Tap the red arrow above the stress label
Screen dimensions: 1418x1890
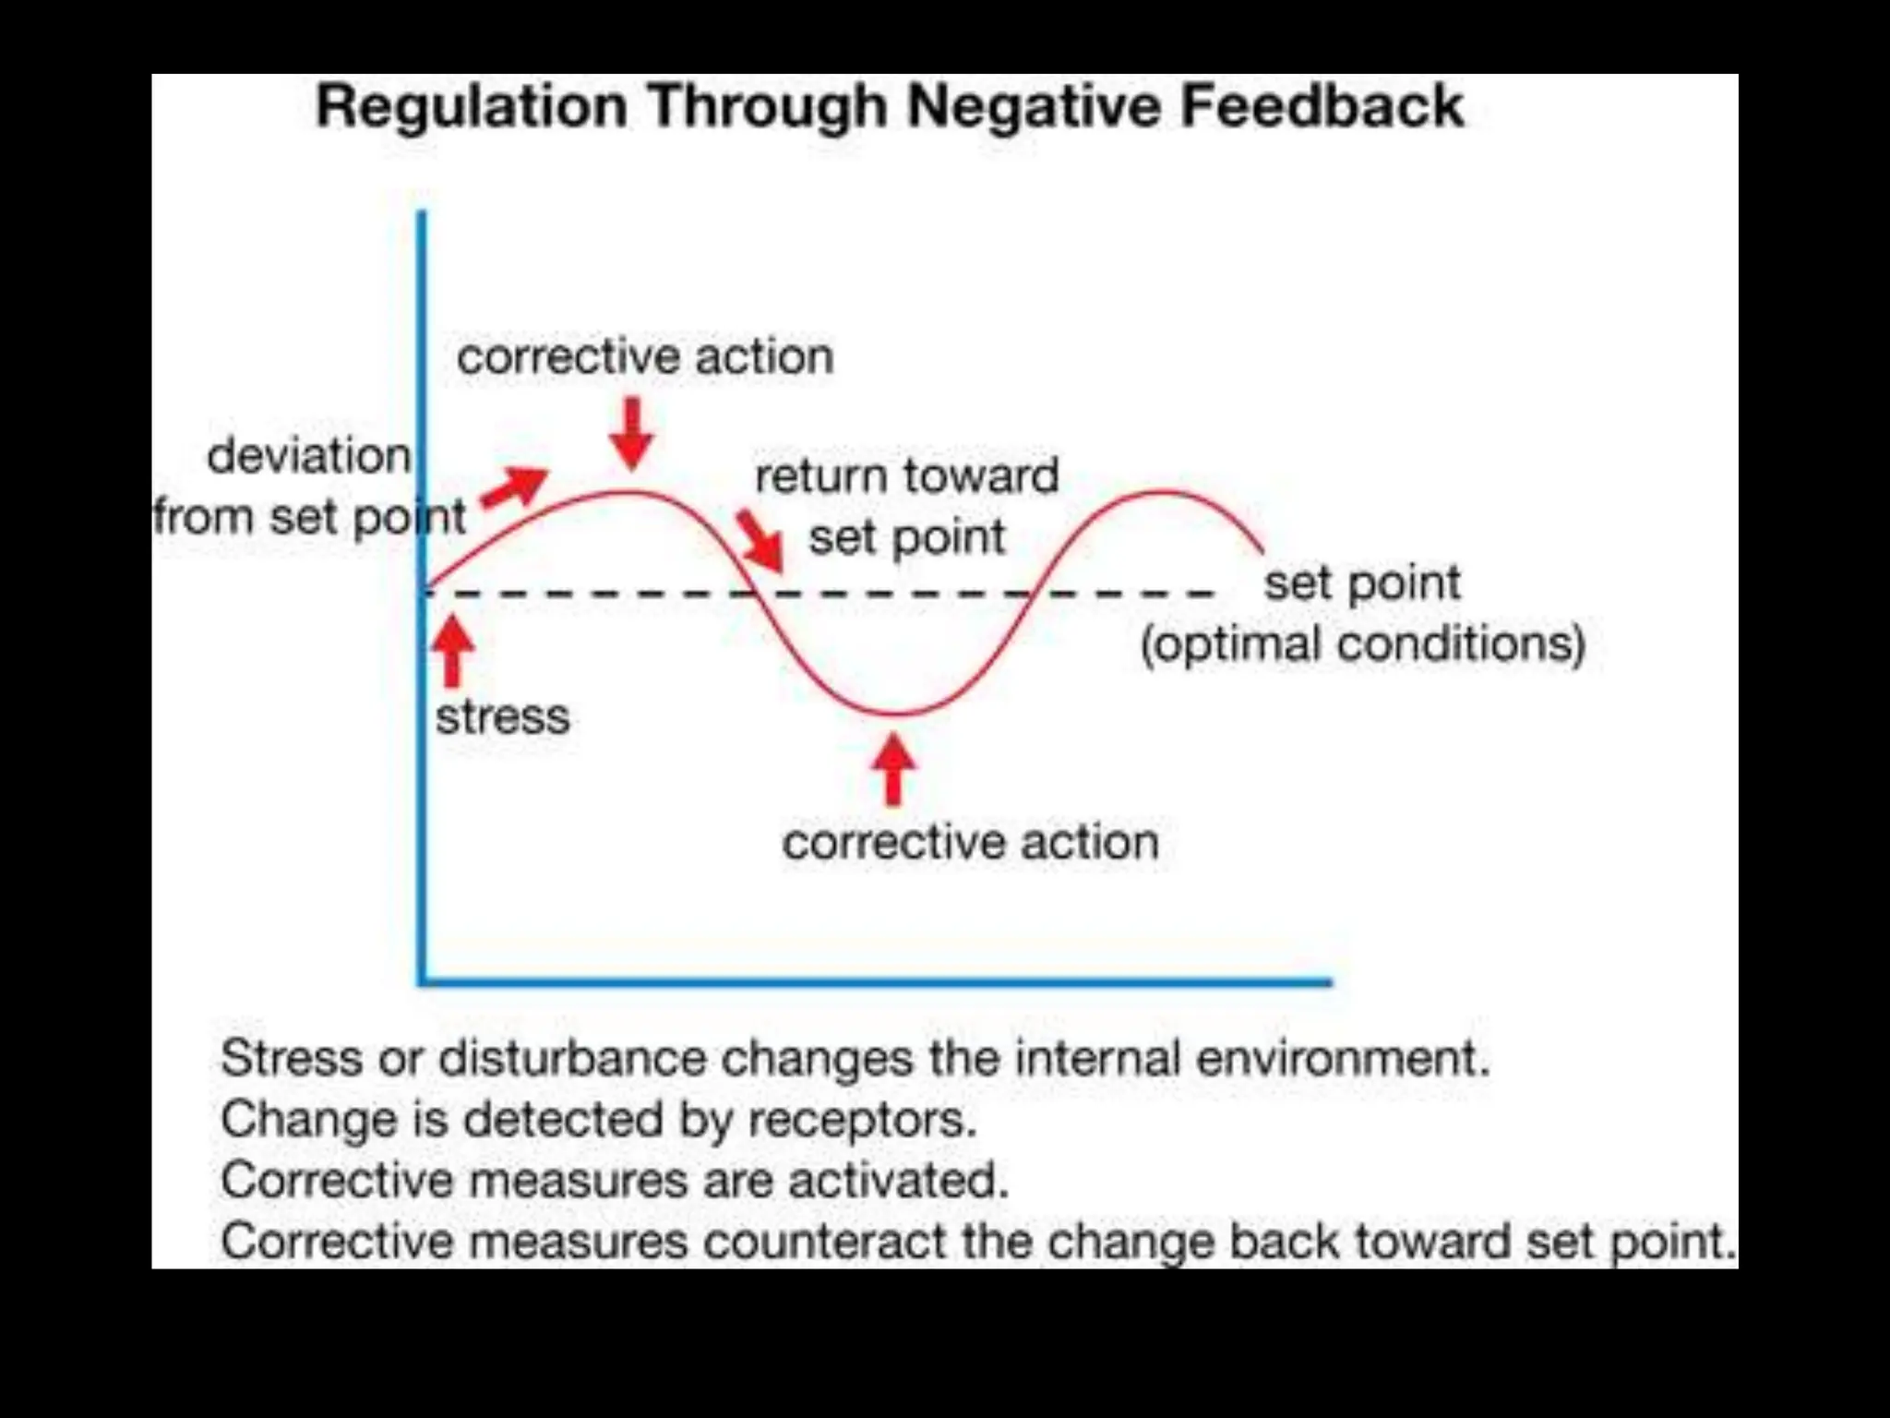[452, 651]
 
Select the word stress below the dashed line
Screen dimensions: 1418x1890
[502, 717]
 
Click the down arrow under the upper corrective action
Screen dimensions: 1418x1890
[632, 433]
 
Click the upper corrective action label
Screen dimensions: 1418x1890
[644, 356]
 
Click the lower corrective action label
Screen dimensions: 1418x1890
[970, 842]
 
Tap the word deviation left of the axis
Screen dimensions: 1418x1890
[308, 456]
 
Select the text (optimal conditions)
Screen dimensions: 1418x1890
[1362, 643]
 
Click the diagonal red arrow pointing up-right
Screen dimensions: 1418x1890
[515, 487]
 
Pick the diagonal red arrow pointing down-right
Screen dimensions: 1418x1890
[760, 541]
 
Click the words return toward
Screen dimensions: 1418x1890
[906, 476]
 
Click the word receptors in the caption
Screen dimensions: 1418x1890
[861, 1120]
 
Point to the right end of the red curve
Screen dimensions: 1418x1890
[1261, 551]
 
